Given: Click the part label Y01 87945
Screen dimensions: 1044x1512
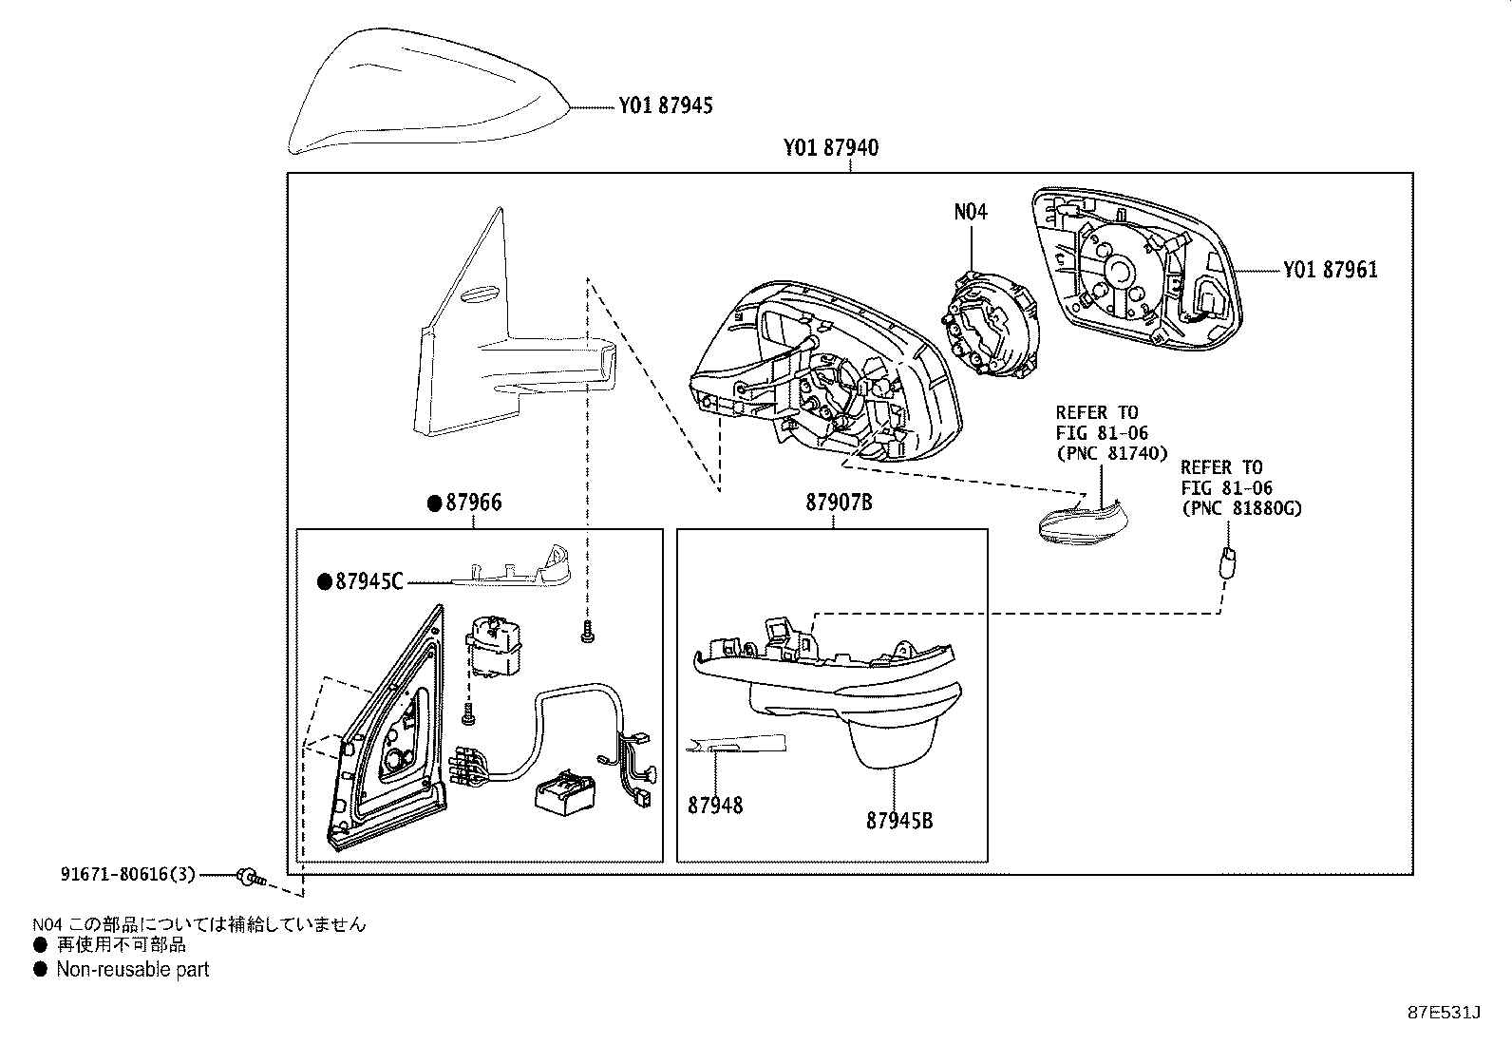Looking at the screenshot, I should [665, 105].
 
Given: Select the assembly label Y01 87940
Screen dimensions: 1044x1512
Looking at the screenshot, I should [830, 148].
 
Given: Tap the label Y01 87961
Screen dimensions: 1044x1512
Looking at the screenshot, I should [1330, 270].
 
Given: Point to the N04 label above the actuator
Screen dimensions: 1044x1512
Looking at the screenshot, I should [971, 212].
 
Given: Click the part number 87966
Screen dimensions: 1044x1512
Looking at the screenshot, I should [473, 503].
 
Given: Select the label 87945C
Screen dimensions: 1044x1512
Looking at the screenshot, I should [369, 580].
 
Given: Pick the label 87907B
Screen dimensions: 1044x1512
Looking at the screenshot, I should [839, 503].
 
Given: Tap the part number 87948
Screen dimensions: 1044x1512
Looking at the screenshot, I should [715, 806].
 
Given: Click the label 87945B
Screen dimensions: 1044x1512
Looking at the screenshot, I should [898, 820].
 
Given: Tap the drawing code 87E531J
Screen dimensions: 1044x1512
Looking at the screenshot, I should [1444, 1013].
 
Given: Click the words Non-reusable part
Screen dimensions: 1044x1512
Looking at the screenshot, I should [132, 970].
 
